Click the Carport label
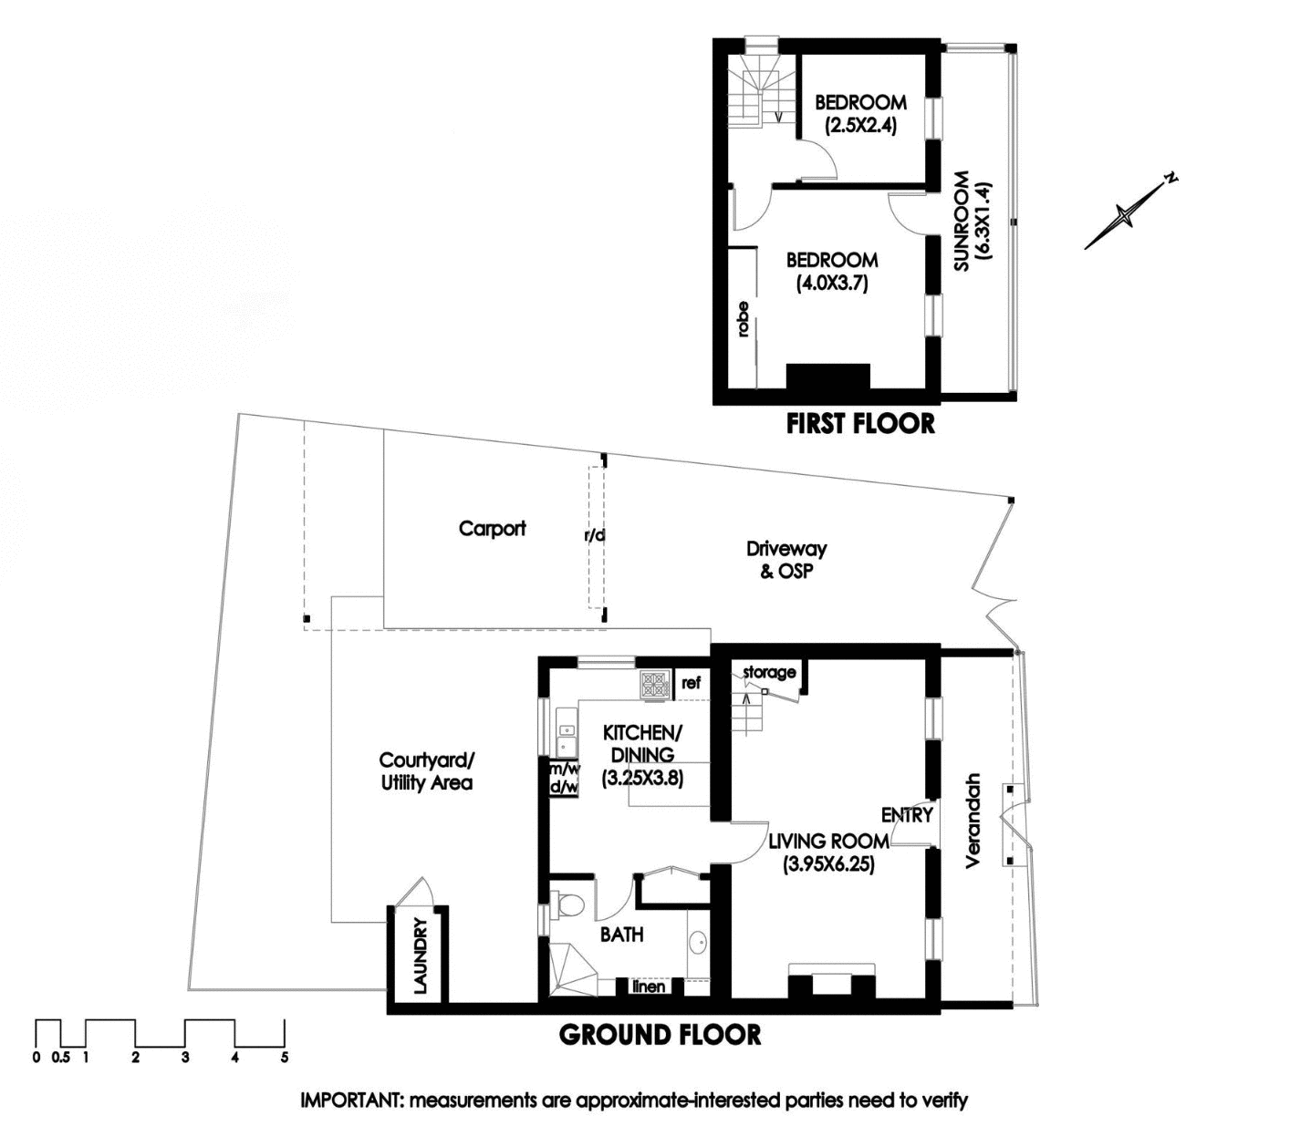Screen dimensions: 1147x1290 [x=492, y=528]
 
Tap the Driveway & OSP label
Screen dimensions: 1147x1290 [x=785, y=560]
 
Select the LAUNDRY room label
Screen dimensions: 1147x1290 [x=420, y=956]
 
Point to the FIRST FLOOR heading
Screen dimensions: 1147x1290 [x=860, y=423]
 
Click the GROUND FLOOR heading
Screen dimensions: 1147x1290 [x=660, y=1035]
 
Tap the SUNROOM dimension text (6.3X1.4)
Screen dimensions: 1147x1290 [x=983, y=222]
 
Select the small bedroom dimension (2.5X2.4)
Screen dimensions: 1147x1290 [x=860, y=126]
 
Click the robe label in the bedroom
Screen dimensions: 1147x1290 [x=743, y=319]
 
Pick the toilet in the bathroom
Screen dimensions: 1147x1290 [x=570, y=905]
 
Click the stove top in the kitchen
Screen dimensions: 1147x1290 [x=654, y=685]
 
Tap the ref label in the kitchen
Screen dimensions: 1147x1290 [x=691, y=683]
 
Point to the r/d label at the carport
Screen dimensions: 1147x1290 [x=595, y=535]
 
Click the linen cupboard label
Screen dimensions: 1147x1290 [x=648, y=987]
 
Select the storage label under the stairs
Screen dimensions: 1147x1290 [x=769, y=672]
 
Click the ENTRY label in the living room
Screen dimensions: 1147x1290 [x=907, y=814]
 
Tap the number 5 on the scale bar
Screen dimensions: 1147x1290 [x=285, y=1058]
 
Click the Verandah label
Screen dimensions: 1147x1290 [x=973, y=821]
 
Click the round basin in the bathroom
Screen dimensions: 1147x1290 [x=698, y=943]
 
